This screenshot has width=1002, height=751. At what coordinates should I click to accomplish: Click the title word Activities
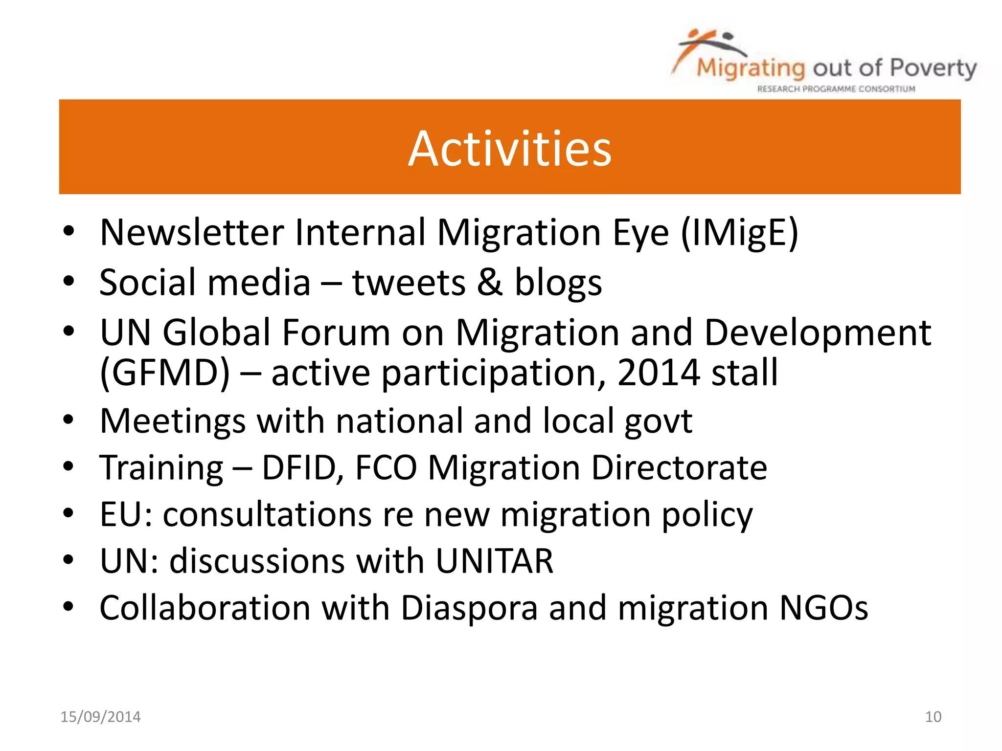(x=509, y=149)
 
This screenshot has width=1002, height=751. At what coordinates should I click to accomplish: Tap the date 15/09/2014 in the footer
(x=100, y=717)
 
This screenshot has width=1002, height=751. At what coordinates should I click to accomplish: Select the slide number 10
(x=933, y=717)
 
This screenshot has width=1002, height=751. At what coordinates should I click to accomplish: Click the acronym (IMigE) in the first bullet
(x=739, y=233)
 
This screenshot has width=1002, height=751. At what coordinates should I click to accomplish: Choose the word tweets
(x=409, y=284)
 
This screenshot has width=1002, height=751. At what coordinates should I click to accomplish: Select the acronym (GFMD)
(x=165, y=374)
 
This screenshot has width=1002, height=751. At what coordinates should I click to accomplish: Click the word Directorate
(x=679, y=468)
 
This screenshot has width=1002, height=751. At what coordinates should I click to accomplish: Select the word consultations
(x=267, y=515)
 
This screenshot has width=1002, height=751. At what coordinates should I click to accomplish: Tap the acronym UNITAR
(x=494, y=561)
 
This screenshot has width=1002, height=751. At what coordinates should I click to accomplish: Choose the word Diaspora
(x=469, y=608)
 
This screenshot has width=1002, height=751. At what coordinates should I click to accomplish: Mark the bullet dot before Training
(x=68, y=467)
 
